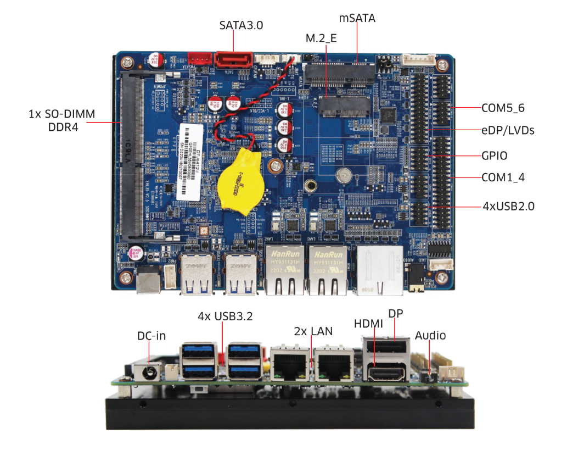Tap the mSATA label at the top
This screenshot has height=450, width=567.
(x=357, y=18)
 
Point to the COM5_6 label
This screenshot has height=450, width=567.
(x=503, y=108)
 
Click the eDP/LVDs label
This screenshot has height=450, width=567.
(x=508, y=131)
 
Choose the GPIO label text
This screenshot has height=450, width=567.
(x=494, y=156)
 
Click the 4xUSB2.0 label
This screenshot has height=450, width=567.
(x=508, y=207)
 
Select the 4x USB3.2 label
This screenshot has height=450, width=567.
(x=225, y=316)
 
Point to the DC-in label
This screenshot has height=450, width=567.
(x=151, y=335)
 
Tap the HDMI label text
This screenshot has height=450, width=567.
(x=368, y=324)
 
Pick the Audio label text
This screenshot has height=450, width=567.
(x=430, y=335)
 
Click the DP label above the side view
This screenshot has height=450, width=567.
(x=396, y=314)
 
